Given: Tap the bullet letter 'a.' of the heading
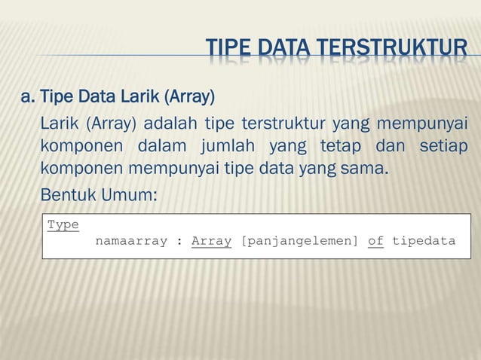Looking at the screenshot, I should [28, 97].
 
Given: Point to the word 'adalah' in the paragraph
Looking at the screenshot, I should [169, 124].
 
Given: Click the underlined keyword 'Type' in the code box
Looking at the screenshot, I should [63, 224].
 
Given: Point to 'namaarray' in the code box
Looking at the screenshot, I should [131, 241].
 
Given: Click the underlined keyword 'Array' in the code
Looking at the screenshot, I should [211, 241].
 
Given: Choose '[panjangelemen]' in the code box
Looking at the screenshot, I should [299, 241].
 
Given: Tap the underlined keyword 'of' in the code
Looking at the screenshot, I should [375, 241].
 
